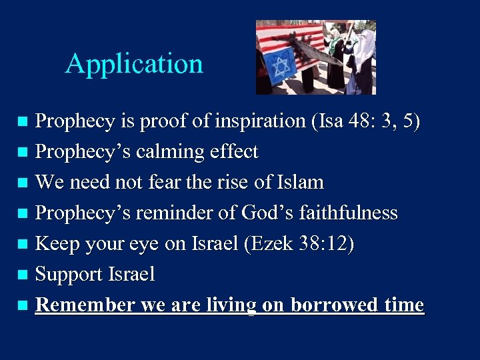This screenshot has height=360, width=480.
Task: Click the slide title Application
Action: pyautogui.click(x=134, y=64)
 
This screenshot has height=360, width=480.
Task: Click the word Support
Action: pyautogui.click(x=67, y=274)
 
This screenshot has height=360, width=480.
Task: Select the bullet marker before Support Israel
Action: pyautogui.click(x=23, y=275)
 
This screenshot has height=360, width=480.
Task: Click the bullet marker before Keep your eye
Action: pyautogui.click(x=23, y=244)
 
